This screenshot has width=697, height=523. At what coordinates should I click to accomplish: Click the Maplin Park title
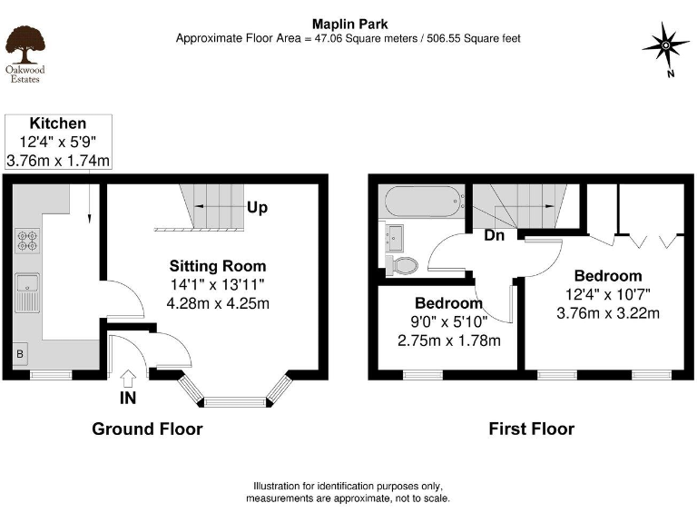click(x=348, y=25)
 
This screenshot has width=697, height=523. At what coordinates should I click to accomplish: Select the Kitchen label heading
click(x=58, y=123)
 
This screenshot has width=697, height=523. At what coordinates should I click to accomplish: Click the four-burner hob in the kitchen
click(x=26, y=240)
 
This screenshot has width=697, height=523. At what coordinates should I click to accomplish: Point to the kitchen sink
click(x=26, y=291)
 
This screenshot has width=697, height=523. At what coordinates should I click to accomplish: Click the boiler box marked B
click(x=19, y=353)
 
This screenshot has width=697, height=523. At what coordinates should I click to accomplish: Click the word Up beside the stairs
click(x=257, y=208)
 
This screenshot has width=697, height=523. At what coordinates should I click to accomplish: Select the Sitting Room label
click(x=218, y=266)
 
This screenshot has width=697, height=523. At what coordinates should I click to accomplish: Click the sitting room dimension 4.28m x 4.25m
click(x=218, y=302)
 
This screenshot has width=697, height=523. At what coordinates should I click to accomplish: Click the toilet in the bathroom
click(x=400, y=264)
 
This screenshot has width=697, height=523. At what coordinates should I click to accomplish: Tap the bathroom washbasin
click(x=396, y=237)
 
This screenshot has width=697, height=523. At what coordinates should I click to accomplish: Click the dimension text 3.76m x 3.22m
click(x=607, y=314)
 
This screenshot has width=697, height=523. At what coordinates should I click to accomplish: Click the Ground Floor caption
click(x=147, y=429)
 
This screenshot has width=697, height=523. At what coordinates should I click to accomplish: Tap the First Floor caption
click(x=531, y=429)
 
